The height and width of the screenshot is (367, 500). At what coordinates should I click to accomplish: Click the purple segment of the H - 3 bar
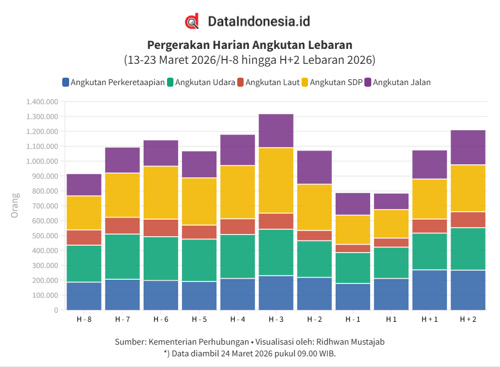click(x=276, y=131)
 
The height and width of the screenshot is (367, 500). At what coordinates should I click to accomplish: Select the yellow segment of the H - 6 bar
click(x=161, y=193)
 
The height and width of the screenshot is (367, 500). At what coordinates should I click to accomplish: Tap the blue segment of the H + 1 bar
click(x=430, y=290)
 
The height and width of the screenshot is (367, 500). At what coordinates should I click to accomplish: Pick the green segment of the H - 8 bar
click(x=84, y=264)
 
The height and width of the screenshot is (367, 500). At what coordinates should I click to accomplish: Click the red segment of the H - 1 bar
click(x=353, y=248)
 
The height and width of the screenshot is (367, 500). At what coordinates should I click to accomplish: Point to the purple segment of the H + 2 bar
click(x=468, y=147)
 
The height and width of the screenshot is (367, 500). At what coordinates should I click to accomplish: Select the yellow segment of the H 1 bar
click(x=391, y=224)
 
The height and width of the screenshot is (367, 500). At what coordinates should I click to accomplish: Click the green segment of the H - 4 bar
click(x=238, y=256)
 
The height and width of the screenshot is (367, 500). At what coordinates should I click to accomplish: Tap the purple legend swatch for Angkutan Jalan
click(x=368, y=82)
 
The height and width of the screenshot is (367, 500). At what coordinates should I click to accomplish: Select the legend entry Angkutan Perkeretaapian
click(x=118, y=82)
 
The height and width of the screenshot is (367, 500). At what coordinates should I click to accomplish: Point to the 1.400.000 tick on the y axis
click(x=41, y=102)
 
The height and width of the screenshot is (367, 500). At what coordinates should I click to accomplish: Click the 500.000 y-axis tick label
click(x=44, y=236)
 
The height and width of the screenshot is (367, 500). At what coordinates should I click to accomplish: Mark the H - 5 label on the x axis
click(x=199, y=319)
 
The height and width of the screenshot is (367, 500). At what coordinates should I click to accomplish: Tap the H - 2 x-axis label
click(x=314, y=319)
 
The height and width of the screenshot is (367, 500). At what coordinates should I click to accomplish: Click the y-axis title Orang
click(x=15, y=205)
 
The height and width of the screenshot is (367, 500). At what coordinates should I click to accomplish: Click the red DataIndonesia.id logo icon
click(x=192, y=21)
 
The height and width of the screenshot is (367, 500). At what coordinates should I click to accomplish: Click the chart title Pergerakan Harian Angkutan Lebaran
click(x=249, y=45)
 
